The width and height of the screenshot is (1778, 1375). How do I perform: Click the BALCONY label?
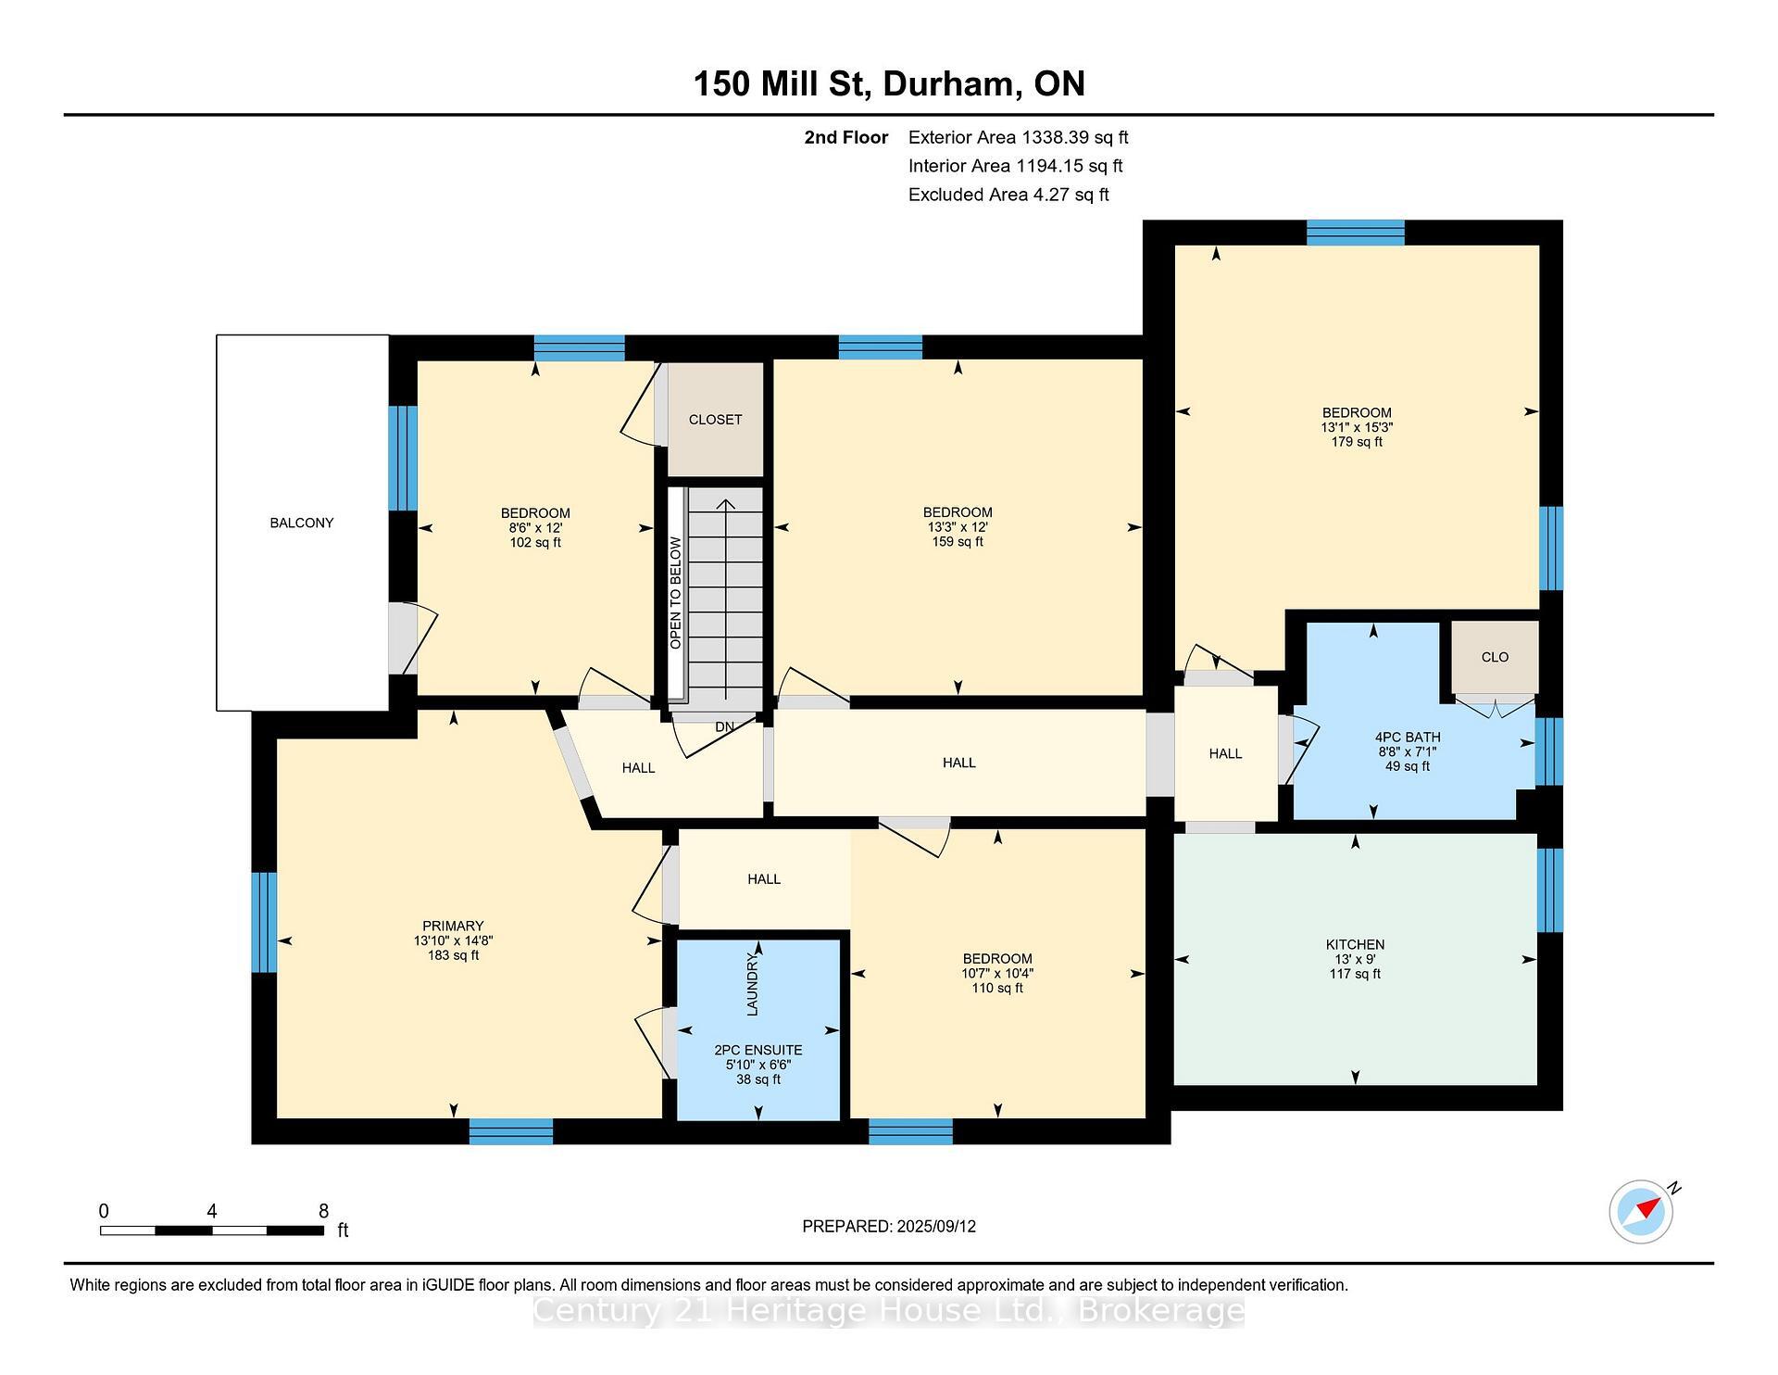coord(302,523)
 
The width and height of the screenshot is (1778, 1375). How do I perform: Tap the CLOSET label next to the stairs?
coord(715,420)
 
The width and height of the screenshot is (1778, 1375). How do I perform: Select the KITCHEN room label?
coord(1355,945)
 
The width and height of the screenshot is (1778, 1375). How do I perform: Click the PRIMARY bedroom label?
coord(453,926)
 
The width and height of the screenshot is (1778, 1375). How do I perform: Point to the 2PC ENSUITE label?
coord(758,1050)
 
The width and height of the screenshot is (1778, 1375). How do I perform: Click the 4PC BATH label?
coord(1407,738)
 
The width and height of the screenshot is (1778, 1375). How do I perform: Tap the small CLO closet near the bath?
coord(1495,657)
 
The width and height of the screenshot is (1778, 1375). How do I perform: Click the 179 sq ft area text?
coord(1357,442)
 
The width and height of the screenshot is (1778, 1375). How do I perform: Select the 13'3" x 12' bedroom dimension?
coord(958,527)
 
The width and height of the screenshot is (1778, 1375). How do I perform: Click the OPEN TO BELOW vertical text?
coord(675,593)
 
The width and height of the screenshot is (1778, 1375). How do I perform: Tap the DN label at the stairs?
coord(724,726)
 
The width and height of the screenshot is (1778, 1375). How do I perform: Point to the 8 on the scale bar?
coord(323,1211)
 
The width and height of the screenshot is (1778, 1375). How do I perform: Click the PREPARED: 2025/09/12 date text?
coord(888,1226)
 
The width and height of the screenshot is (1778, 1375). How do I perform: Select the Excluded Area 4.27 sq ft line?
coord(1008,195)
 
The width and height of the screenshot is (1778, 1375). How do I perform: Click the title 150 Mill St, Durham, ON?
coord(888,83)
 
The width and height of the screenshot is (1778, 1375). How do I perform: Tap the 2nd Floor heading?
coord(845,137)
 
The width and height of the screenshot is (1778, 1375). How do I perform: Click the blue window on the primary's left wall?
coord(264,922)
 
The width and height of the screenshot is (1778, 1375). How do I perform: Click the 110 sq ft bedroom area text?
coord(996,988)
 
